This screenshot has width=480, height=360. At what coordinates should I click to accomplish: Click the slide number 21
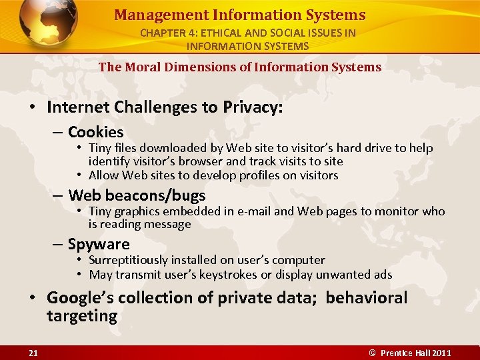click(x=33, y=353)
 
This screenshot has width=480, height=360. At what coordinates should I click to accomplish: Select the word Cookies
click(x=95, y=133)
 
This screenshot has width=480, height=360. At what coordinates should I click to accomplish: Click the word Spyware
click(x=98, y=245)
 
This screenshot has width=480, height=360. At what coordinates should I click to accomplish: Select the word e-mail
click(x=251, y=211)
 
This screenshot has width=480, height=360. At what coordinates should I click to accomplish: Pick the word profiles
click(x=258, y=175)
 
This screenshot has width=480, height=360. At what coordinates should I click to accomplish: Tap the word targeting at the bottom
click(x=81, y=316)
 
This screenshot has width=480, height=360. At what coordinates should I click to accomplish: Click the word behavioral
click(x=366, y=298)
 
